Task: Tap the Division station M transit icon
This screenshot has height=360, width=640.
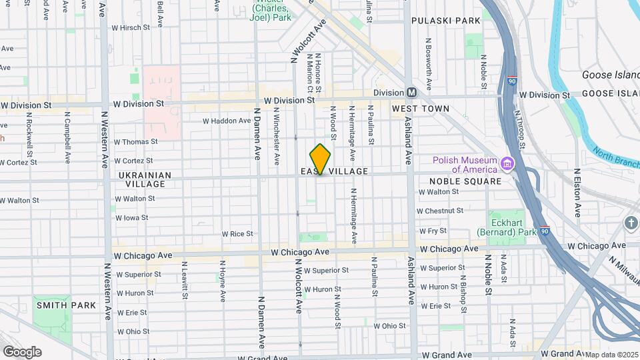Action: pyautogui.click(x=411, y=93)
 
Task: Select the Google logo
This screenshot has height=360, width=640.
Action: pyautogui.click(x=22, y=352)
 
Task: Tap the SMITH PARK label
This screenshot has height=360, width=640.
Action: pyautogui.click(x=66, y=305)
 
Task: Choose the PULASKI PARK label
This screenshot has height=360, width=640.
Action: pyautogui.click(x=445, y=21)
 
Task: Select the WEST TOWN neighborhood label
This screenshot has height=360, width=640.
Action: pyautogui.click(x=420, y=108)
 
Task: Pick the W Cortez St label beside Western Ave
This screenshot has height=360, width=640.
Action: pyautogui.click(x=133, y=161)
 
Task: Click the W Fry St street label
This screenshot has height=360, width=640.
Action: pyautogui.click(x=433, y=231)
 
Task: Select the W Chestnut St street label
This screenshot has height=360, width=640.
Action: pyautogui.click(x=439, y=211)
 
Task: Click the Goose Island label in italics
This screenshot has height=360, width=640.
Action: pyautogui.click(x=610, y=75)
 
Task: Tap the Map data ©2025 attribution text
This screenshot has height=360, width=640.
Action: pyautogui.click(x=612, y=355)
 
